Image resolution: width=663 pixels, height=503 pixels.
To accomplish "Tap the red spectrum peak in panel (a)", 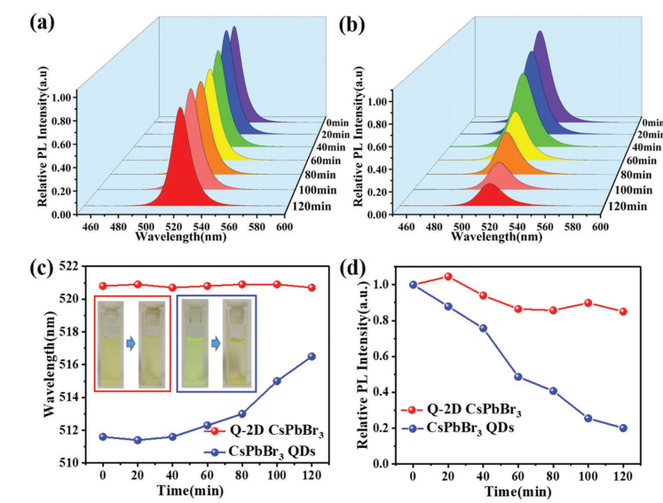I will [181, 109].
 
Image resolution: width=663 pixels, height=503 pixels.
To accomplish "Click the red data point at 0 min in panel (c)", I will [103, 286].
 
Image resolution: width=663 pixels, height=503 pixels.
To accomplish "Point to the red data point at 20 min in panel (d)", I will [447, 277].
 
